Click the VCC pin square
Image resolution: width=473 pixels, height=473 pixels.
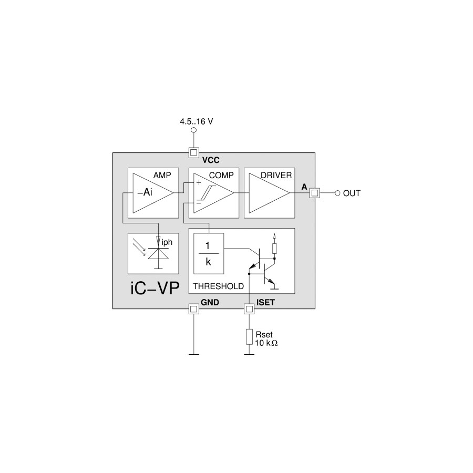click(193, 152)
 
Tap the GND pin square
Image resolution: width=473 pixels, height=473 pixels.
click(193, 309)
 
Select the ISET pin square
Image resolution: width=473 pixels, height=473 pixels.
click(249, 309)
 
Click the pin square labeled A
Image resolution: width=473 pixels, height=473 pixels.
click(315, 193)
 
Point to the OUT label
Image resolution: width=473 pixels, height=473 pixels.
click(352, 193)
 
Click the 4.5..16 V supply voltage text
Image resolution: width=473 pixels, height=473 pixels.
click(197, 121)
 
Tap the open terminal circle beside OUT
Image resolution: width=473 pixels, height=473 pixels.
click(337, 193)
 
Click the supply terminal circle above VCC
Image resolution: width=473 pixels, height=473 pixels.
click(193, 130)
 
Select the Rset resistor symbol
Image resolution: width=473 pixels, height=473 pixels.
click(249, 337)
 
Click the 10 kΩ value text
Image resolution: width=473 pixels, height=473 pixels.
click(266, 343)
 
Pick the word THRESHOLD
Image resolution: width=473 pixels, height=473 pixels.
click(219, 286)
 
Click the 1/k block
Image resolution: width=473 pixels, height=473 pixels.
click(209, 254)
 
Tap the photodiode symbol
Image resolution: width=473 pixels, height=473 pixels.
click(158, 254)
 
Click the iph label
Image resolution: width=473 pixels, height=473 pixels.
click(167, 242)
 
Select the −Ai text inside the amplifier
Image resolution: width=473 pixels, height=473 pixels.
click(145, 192)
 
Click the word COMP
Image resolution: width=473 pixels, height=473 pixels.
click(221, 175)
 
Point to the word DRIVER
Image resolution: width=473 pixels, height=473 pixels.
click(276, 175)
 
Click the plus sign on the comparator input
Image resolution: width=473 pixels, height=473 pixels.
click(199, 183)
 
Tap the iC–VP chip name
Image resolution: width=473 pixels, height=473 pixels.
click(155, 288)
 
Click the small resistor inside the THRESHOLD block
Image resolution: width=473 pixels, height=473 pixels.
click(274, 248)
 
